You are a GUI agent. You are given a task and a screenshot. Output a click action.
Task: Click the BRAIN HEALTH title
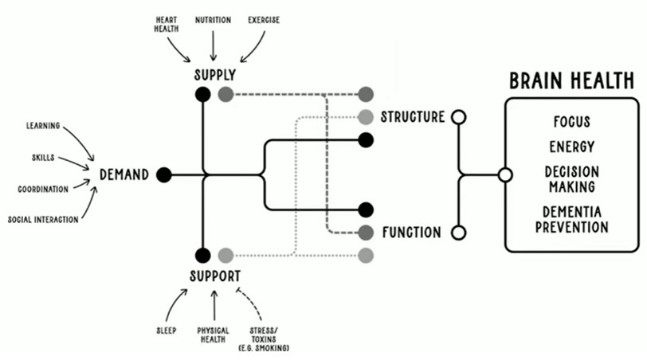[x=571, y=81]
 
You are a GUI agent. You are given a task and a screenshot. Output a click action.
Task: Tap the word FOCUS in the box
[x=571, y=122]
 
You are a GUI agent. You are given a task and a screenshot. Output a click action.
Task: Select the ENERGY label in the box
[x=571, y=147]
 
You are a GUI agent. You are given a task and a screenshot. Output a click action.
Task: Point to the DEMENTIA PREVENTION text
[x=571, y=219]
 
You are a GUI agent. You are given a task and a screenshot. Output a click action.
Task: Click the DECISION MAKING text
[x=571, y=179]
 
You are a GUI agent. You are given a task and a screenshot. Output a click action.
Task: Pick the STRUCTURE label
[x=412, y=117]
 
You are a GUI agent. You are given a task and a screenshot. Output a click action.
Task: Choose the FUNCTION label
[x=411, y=233]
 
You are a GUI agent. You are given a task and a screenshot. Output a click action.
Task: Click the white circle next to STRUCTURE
[x=458, y=117]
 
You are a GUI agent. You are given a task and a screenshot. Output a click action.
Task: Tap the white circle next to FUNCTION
[x=458, y=233]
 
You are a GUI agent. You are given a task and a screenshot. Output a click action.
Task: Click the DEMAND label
[x=124, y=174]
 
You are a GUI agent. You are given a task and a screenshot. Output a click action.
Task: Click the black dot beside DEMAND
[x=164, y=174]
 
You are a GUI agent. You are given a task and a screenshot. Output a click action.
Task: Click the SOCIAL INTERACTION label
[x=43, y=219]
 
